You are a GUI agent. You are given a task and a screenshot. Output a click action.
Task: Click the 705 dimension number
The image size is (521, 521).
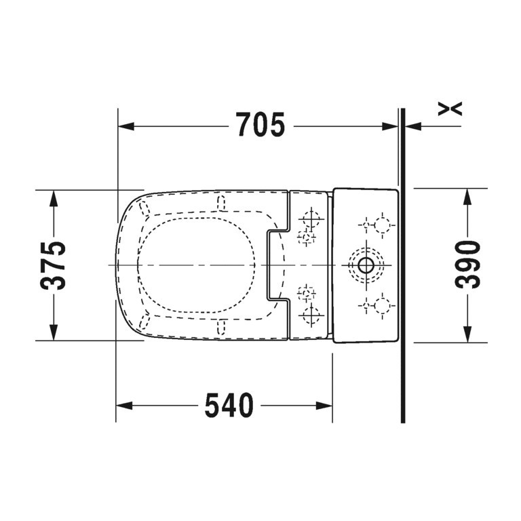[x=260, y=126]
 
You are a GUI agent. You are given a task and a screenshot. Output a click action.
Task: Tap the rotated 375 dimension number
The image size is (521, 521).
[x=54, y=265]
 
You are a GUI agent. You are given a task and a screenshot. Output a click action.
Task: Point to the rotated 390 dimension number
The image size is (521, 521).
[x=467, y=265]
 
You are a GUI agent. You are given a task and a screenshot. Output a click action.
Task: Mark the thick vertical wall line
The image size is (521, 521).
[x=402, y=271]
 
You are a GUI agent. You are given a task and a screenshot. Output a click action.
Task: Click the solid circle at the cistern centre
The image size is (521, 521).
[x=365, y=265]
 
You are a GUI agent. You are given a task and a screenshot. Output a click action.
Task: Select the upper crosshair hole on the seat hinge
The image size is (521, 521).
[x=311, y=219]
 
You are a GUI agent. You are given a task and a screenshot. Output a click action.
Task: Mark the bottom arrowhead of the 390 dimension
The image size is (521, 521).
[x=467, y=335]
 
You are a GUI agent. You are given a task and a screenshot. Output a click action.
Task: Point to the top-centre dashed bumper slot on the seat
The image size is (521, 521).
[x=220, y=202]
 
